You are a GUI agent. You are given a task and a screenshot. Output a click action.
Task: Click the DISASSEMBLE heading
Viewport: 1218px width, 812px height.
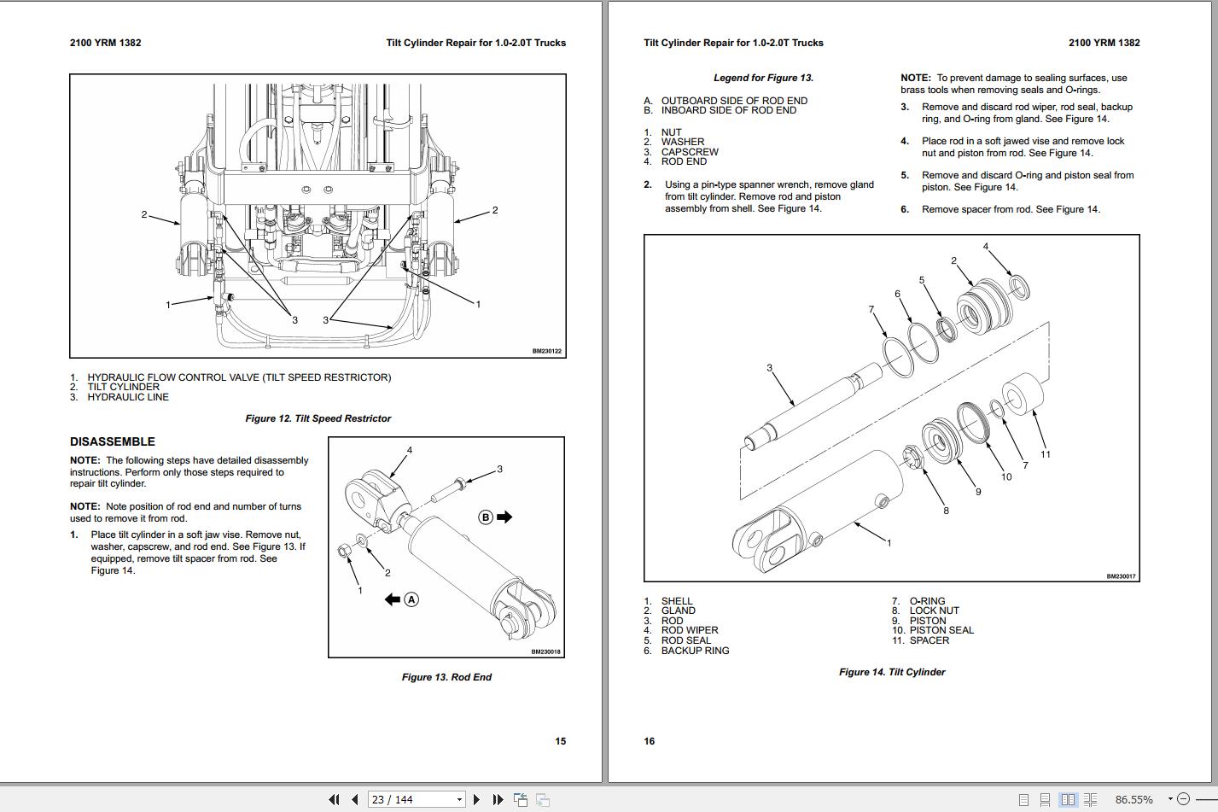(113, 441)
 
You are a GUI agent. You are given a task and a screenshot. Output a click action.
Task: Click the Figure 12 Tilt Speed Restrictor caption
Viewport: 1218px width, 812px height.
(318, 418)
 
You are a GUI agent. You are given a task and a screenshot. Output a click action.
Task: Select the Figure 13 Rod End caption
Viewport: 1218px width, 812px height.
(446, 677)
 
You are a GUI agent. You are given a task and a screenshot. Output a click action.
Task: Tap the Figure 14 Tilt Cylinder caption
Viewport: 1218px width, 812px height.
(892, 672)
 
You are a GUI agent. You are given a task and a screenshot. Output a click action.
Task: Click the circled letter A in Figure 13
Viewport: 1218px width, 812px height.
(411, 599)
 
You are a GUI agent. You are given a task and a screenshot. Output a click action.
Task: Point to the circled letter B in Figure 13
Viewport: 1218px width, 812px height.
(486, 517)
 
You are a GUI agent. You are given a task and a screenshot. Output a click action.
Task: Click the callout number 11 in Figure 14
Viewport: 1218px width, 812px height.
(1045, 454)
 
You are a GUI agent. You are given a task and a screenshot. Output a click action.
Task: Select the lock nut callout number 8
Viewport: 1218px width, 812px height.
(946, 511)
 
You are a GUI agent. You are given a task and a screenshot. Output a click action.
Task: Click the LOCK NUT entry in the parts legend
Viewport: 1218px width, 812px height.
(934, 610)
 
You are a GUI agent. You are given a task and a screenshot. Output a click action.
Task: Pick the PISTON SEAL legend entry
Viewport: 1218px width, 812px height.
(941, 630)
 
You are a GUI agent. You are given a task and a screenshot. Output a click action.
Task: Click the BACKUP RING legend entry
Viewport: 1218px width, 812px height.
(695, 651)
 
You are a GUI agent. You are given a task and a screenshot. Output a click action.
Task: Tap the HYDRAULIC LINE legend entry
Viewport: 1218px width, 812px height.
(127, 397)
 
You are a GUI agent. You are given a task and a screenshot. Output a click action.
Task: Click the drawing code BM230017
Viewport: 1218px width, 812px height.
(1121, 576)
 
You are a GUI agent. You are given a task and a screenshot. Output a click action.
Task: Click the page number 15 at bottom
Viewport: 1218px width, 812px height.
(560, 741)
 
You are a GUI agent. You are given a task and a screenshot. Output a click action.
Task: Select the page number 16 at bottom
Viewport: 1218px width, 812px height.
(650, 741)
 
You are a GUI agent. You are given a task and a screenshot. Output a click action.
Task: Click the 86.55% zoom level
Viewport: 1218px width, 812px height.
(1133, 799)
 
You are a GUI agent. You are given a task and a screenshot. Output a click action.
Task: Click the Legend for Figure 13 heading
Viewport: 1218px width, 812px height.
(763, 78)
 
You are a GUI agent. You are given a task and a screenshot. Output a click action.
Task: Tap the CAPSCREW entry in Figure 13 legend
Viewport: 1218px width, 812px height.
(690, 152)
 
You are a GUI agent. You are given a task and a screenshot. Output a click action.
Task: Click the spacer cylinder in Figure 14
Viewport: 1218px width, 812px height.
(1023, 396)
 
